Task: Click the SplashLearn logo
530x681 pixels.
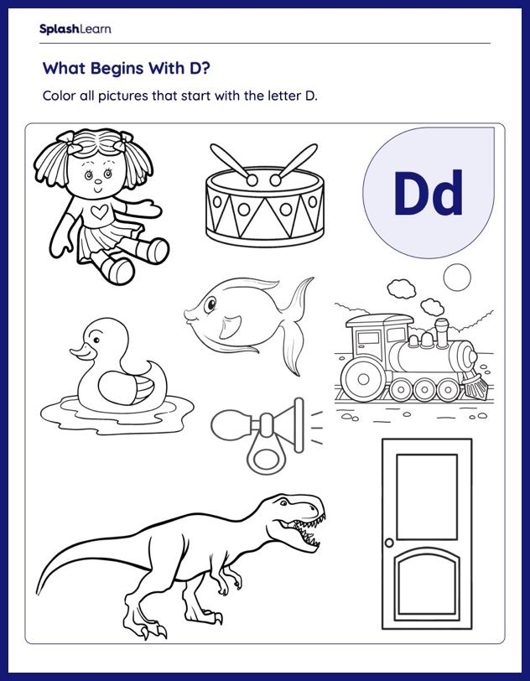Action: [75, 29]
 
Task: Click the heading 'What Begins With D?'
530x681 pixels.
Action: [127, 68]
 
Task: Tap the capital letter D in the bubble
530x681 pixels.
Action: [413, 193]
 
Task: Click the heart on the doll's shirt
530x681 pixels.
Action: [101, 212]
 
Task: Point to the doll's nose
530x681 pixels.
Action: [98, 182]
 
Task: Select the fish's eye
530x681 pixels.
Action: [210, 305]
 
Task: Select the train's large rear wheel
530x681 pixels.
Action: [364, 380]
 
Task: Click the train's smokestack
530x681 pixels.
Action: [442, 333]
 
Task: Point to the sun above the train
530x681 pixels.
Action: [457, 277]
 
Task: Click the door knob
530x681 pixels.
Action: [389, 543]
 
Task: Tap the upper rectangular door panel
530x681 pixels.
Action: [427, 496]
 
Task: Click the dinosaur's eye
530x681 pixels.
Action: [284, 503]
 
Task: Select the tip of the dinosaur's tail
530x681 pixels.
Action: [38, 594]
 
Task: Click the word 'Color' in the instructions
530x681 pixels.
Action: [59, 96]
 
